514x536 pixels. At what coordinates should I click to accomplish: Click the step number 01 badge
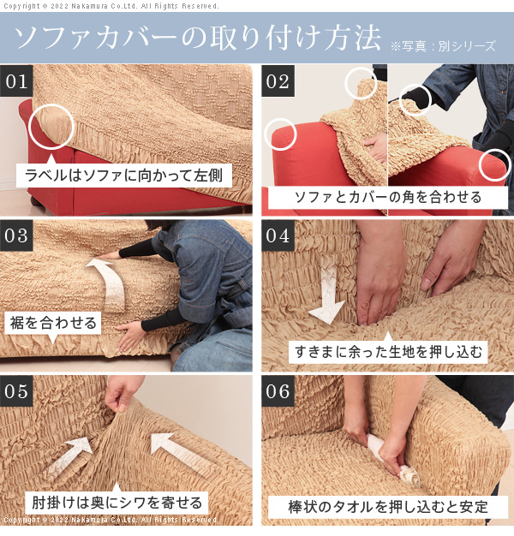16,81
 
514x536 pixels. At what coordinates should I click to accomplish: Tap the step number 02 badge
278,81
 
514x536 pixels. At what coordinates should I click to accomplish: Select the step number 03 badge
16,235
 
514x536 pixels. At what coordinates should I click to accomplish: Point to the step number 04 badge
278,235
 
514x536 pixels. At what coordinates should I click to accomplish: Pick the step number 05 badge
16,391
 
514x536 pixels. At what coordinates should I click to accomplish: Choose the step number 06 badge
278,391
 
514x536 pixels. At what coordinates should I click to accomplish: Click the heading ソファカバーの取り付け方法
197,38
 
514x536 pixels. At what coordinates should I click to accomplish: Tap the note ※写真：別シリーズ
443,45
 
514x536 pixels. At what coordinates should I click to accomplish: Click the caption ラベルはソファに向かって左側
124,176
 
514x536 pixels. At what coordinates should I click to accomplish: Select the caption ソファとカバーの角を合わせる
388,197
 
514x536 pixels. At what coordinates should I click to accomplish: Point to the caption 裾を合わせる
53,323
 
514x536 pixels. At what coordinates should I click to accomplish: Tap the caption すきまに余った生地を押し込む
388,352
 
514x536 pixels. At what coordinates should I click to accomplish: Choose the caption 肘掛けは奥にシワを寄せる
117,503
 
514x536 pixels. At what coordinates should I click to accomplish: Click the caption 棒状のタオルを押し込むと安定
388,507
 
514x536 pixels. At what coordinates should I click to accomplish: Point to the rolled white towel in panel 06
393,460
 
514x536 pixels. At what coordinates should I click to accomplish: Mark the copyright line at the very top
111,6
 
